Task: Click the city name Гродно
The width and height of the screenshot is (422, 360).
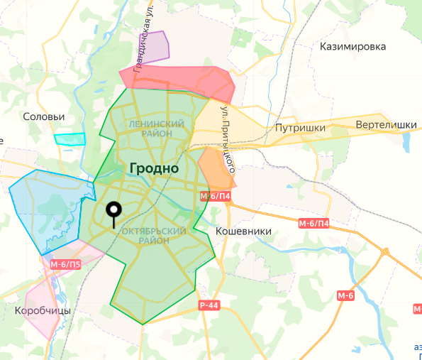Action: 154,168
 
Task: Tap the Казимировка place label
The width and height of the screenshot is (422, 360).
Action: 352,46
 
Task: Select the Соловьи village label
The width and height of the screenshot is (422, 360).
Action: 44,116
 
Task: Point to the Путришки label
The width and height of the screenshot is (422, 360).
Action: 300,128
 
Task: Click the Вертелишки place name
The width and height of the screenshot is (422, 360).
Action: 386,125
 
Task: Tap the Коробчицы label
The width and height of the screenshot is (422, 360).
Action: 43,311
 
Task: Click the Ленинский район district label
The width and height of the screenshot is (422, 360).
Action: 157,129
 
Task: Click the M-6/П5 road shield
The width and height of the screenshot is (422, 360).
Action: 65,265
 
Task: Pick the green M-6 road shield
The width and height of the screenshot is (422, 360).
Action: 345,295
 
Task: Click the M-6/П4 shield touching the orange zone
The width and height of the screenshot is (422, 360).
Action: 216,196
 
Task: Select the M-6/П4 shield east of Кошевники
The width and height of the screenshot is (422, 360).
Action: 313,224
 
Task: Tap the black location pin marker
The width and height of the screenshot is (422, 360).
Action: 113,210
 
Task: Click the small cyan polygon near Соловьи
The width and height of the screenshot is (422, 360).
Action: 70,139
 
